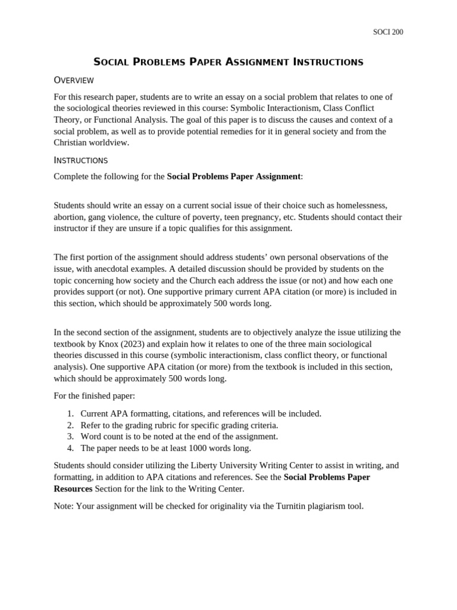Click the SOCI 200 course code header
pos(387,32)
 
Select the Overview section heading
pos(74,80)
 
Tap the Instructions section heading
pos(80,160)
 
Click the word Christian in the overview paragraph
pos(73,142)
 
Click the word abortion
pos(69,217)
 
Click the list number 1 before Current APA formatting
pos(70,413)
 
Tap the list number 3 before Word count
pos(70,436)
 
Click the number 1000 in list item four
pos(201,448)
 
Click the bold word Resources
pos(73,488)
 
